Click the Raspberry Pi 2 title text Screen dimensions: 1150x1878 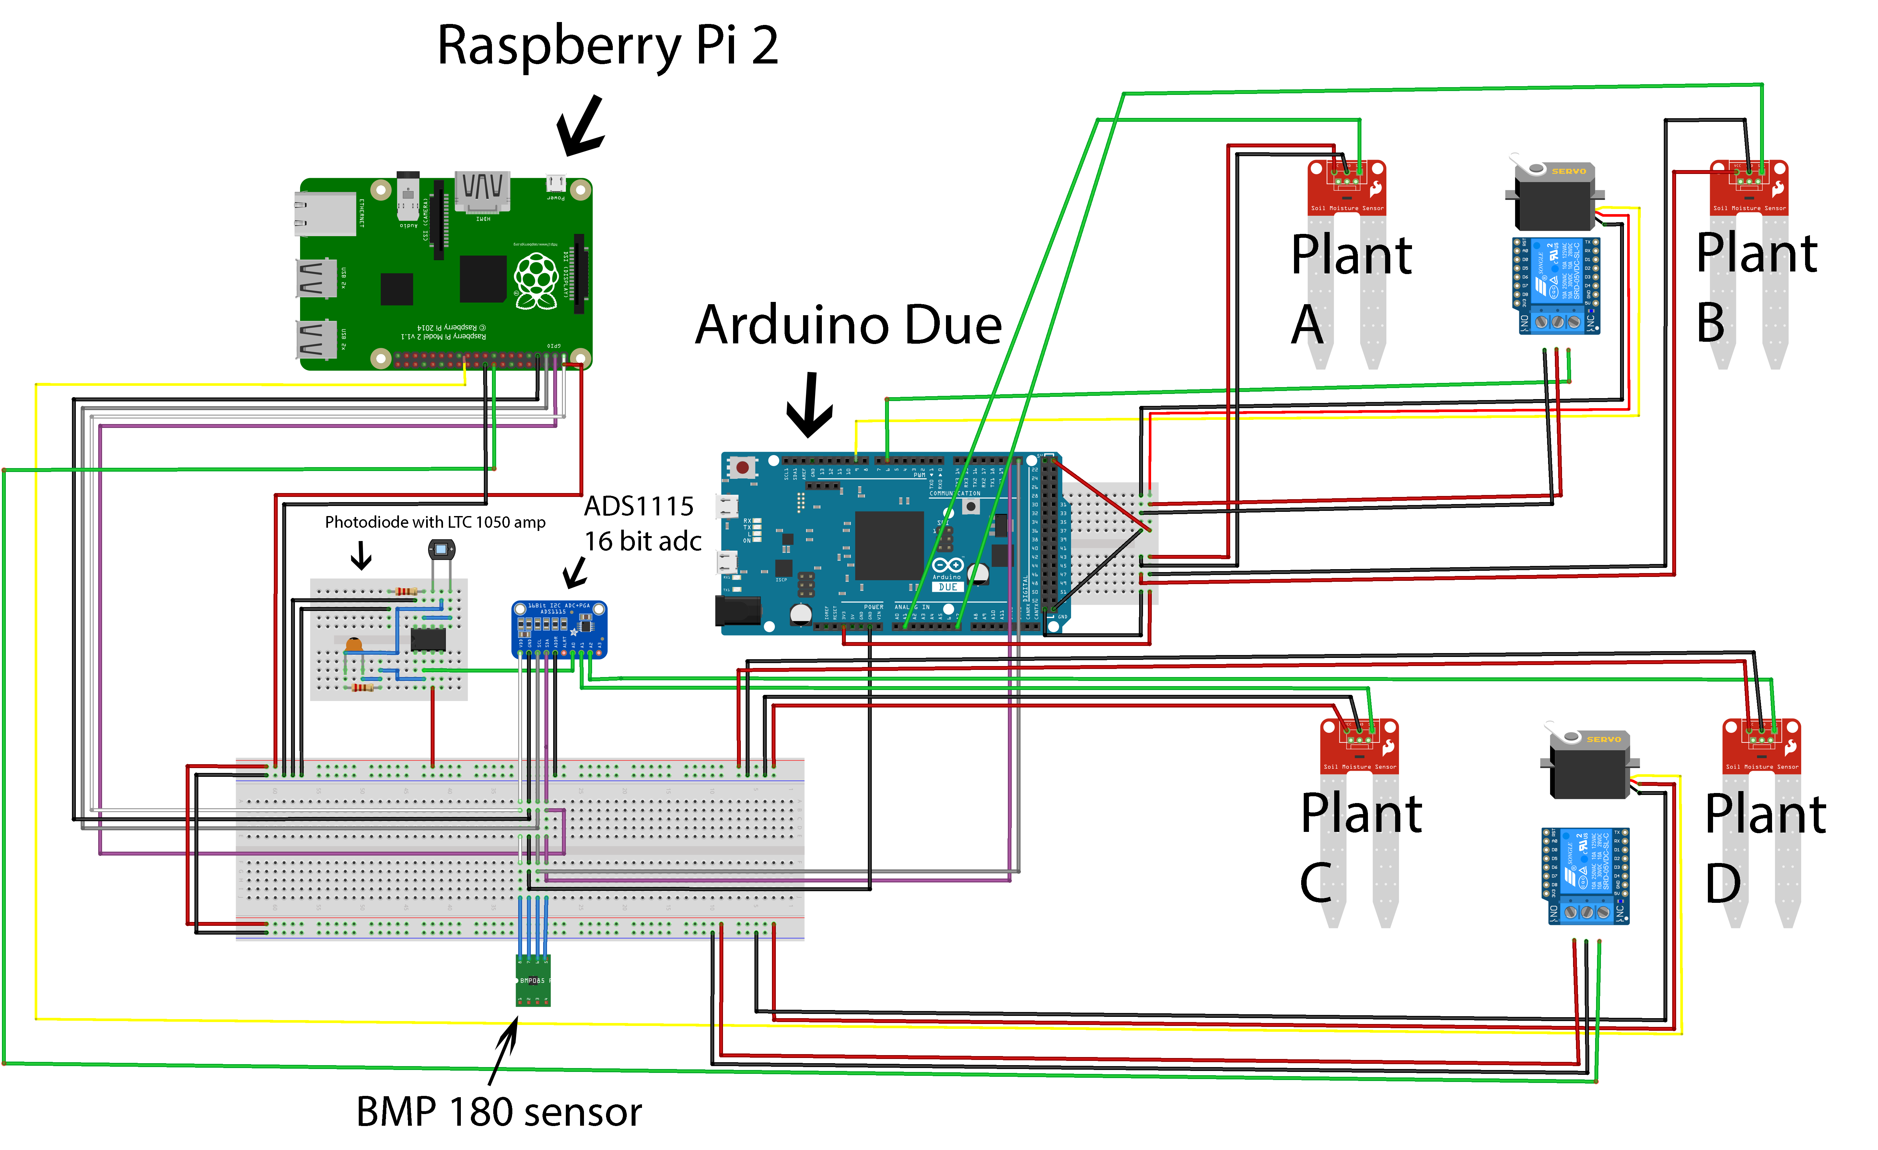point(607,46)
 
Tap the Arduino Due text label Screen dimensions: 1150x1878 point(848,326)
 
